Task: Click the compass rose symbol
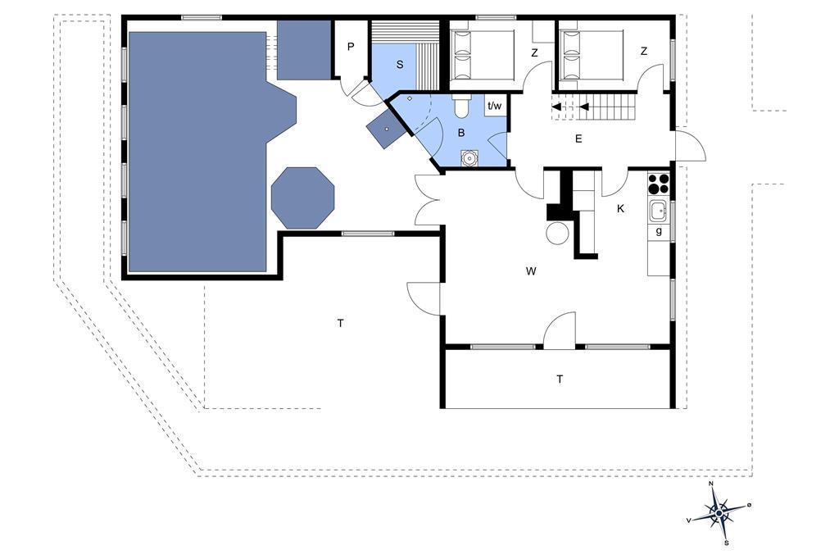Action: coord(719,513)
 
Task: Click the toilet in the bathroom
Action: coord(460,106)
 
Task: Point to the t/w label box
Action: coord(495,106)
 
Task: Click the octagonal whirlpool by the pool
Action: coord(303,198)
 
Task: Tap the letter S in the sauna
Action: coord(400,65)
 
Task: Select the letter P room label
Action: coord(351,47)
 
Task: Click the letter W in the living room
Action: coord(531,271)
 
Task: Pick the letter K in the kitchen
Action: coord(621,209)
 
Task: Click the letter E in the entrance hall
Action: coord(578,139)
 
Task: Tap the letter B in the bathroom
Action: coord(461,133)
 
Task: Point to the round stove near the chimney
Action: coord(557,232)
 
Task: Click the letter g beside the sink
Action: coord(659,231)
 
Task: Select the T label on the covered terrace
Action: coord(560,379)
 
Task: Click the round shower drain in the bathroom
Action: coord(469,158)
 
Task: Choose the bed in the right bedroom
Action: coord(592,55)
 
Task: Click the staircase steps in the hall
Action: coord(606,107)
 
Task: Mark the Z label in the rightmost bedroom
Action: coord(644,52)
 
